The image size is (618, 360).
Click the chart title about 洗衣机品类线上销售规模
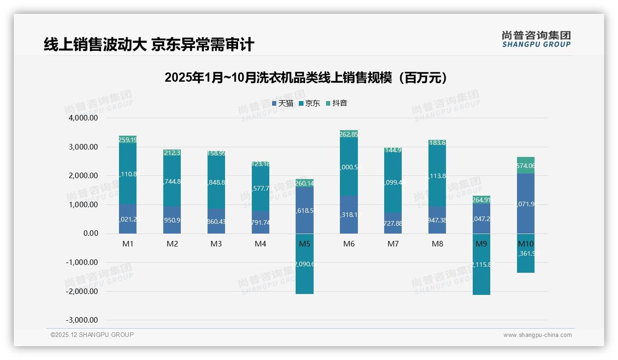point(306,78)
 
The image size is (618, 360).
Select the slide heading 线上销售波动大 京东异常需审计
point(149,44)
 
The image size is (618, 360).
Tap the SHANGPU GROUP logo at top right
point(536,39)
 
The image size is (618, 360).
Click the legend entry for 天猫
point(283,103)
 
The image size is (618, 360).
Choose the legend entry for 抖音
point(337,103)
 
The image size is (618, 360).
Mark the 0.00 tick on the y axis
point(90,234)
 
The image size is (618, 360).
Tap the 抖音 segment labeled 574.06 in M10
point(525,166)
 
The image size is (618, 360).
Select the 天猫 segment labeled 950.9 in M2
point(172,220)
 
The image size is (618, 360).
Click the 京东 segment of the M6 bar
point(349,167)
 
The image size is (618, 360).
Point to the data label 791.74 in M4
point(261,222)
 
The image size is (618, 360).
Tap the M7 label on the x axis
point(393,244)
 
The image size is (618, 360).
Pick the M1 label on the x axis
point(128,244)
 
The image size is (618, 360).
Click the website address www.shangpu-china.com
point(537,335)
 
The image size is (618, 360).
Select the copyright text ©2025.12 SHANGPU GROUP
point(92,335)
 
